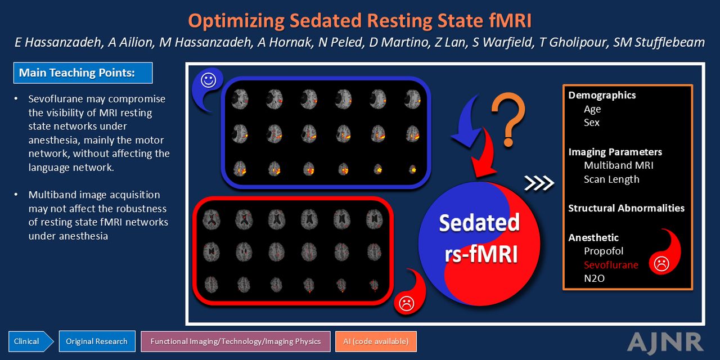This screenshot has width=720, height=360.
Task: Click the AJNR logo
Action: pos(665,342)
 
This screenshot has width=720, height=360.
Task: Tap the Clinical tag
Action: pos(30,341)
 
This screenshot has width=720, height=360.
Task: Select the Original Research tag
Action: pos(97,341)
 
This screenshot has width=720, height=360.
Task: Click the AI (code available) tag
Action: pos(376,341)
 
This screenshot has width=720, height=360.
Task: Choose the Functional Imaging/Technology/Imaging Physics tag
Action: pos(235,341)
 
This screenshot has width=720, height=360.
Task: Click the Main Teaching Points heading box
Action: pos(83,73)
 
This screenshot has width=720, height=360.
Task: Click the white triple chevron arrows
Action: pos(539,183)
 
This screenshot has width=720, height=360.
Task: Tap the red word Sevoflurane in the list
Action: pos(611,265)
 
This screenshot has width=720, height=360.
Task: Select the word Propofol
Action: pos(604,251)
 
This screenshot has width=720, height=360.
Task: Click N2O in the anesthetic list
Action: pos(594,278)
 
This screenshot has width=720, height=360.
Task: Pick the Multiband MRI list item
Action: pos(618,165)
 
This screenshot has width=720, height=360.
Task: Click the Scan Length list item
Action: pos(611,179)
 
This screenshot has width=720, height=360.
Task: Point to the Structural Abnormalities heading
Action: pos(626,208)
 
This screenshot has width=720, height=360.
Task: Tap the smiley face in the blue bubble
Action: pos(208,80)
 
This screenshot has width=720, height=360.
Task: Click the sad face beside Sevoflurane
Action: pos(661,264)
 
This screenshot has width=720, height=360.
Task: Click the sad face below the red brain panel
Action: pos(406,303)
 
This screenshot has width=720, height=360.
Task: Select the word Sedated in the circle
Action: pos(479,222)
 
